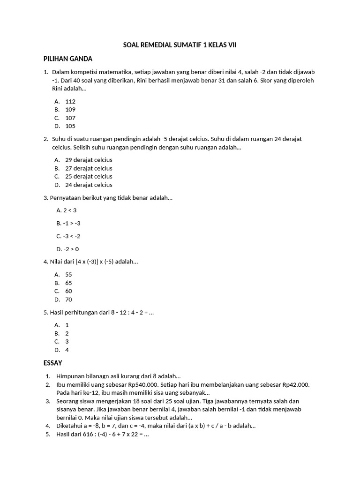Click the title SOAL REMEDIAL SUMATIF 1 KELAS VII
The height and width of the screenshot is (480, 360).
tap(180, 45)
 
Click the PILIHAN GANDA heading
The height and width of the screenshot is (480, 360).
tap(68, 59)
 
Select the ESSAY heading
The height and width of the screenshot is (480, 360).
tap(52, 363)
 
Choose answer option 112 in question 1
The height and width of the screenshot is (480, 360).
tap(70, 101)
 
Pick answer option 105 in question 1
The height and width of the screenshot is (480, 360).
tap(70, 126)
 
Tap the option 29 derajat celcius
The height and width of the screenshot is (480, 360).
tap(89, 160)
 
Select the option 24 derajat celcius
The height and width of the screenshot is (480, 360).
tap(89, 185)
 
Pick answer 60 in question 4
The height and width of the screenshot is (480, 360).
tap(69, 291)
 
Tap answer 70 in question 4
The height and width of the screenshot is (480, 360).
tap(69, 300)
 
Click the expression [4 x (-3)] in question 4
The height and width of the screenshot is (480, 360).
tap(87, 262)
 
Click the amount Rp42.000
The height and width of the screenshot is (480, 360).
tap(296, 385)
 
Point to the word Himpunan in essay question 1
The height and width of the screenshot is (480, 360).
tap(70, 376)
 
